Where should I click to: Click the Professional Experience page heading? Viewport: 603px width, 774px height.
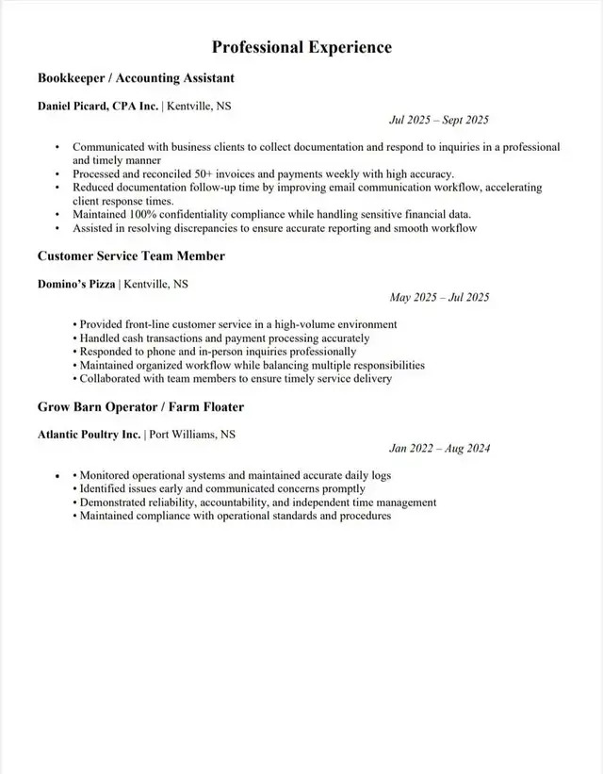click(x=301, y=47)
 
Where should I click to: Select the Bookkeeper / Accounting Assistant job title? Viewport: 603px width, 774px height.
click(x=136, y=77)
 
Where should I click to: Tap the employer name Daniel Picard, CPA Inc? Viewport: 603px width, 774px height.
click(x=98, y=107)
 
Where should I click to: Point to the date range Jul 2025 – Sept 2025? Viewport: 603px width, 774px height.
click(x=439, y=120)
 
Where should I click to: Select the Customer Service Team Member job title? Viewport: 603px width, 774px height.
click(x=131, y=255)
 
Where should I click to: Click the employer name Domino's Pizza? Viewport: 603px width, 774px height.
click(x=76, y=284)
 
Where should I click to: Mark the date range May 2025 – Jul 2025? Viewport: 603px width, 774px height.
click(x=439, y=298)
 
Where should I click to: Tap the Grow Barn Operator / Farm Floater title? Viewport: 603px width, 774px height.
click(x=140, y=406)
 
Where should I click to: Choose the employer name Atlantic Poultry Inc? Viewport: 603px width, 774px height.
click(x=89, y=435)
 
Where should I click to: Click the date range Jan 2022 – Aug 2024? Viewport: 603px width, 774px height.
click(x=439, y=449)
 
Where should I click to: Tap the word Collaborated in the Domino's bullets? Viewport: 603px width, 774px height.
click(x=113, y=379)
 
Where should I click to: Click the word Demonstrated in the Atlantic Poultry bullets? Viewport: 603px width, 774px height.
click(x=118, y=502)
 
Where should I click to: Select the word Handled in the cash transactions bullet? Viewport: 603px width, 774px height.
click(x=99, y=338)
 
